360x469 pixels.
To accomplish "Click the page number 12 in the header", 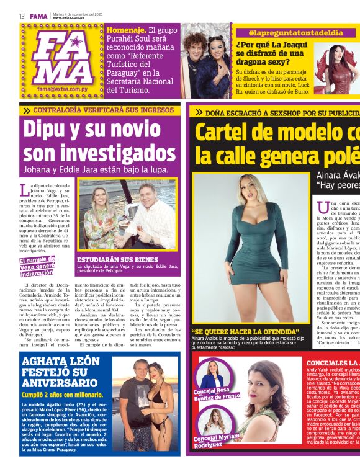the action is (x=22, y=16).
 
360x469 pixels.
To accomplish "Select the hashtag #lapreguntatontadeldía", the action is (x=286, y=32).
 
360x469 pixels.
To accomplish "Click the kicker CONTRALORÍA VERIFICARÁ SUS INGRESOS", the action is (x=95, y=110).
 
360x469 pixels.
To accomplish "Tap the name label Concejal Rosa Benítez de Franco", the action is (x=216, y=395).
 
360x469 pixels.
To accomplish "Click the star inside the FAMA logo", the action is (x=76, y=42).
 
